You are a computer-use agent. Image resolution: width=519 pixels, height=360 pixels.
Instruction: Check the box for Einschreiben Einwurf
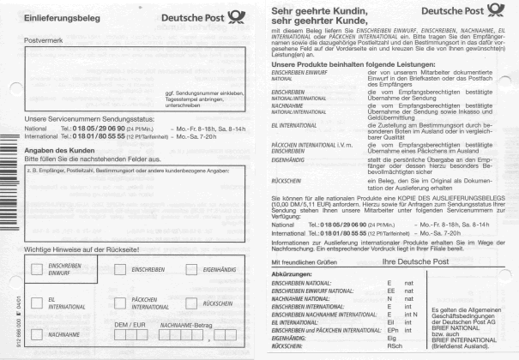click(x=38, y=268)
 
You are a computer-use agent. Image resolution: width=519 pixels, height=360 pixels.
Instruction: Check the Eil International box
click(x=38, y=302)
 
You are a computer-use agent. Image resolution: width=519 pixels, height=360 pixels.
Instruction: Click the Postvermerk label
click(x=43, y=40)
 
